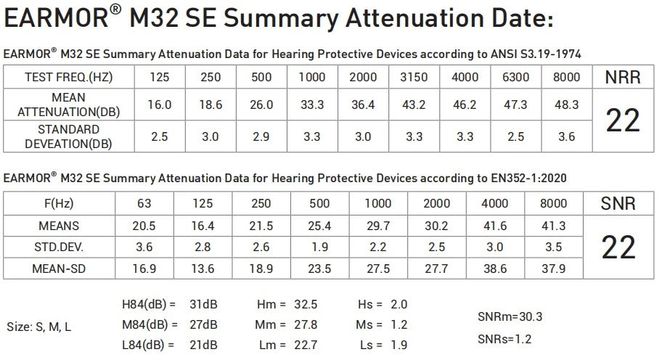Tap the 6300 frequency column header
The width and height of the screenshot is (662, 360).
515,77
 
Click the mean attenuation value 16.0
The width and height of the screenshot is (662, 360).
160,105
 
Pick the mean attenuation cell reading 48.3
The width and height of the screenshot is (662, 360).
566,105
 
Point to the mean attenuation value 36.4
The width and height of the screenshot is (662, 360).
362,105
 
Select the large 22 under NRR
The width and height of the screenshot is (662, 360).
623,120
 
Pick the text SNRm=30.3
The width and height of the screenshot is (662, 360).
510,316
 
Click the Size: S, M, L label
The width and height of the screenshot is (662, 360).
39,327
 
